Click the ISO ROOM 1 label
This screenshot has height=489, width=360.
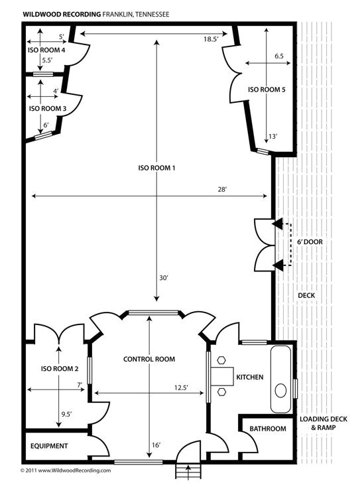click(x=156, y=169)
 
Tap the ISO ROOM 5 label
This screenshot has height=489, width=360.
click(x=267, y=90)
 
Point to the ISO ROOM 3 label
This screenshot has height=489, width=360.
click(x=48, y=108)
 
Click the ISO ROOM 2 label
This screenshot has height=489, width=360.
click(x=60, y=369)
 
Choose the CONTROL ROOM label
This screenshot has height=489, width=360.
click(x=149, y=360)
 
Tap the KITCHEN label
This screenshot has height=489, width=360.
click(x=250, y=378)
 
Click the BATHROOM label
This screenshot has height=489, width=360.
click(x=268, y=429)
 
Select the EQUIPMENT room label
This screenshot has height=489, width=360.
click(x=48, y=446)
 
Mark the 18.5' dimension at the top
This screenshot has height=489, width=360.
click(x=211, y=40)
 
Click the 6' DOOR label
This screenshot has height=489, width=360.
click(x=310, y=242)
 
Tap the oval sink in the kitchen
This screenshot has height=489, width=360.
click(x=282, y=389)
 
